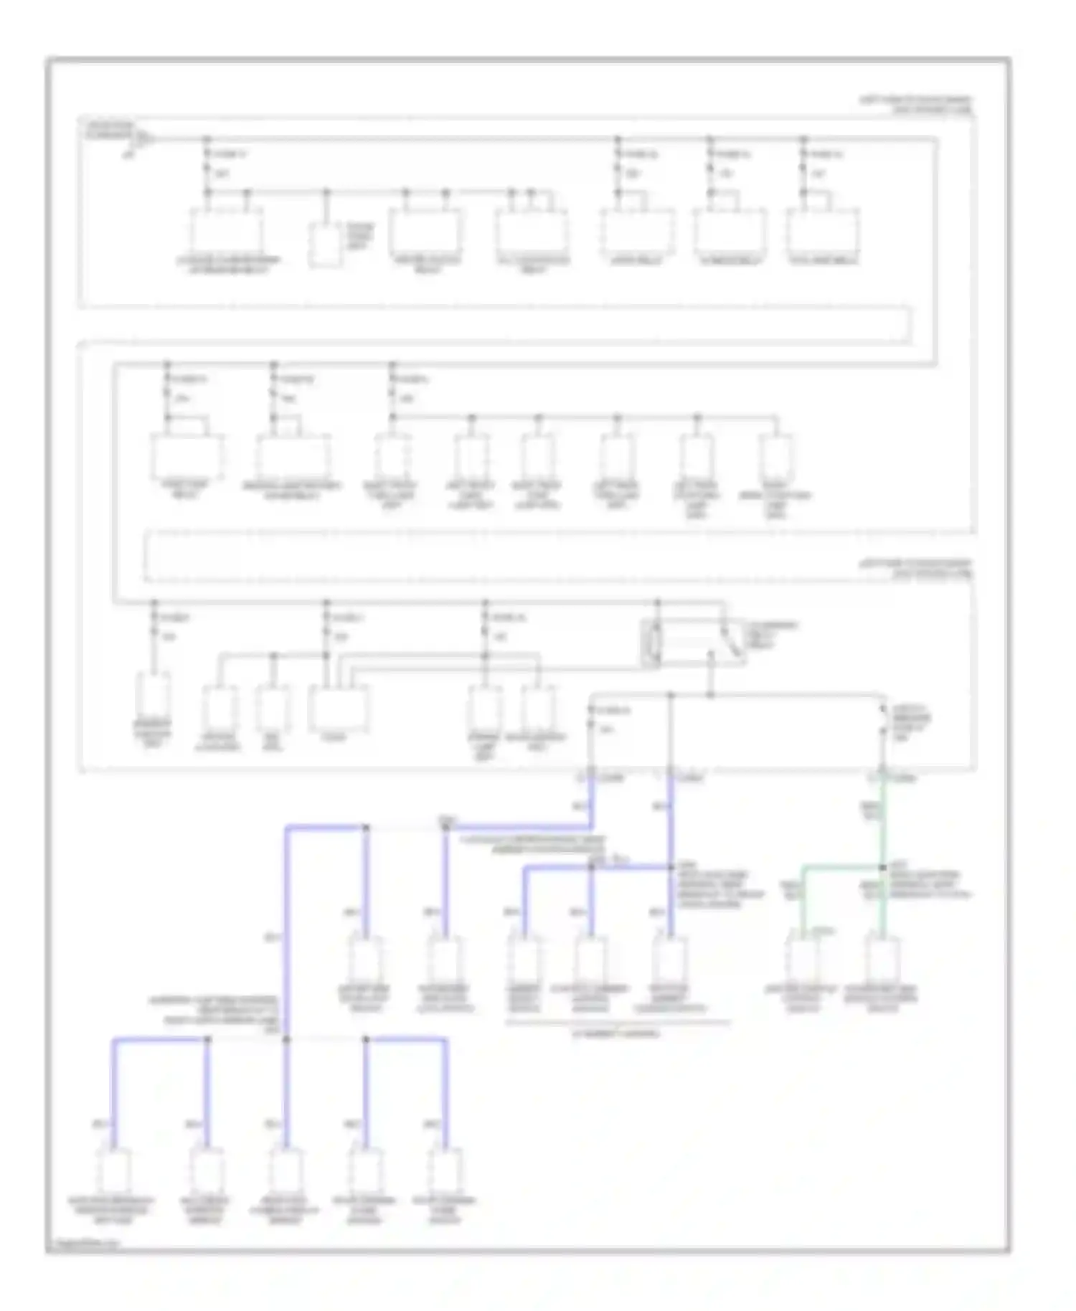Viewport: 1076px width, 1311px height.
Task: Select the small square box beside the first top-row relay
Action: [325, 245]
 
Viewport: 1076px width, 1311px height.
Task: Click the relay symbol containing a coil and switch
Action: [692, 643]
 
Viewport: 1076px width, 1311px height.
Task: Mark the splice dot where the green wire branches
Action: [883, 867]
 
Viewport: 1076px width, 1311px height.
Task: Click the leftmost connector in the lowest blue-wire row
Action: [114, 1170]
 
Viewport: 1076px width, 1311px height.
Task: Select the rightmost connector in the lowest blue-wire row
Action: [445, 1170]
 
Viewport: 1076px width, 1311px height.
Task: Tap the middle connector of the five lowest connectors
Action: [285, 1170]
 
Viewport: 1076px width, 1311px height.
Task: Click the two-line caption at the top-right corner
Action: [916, 105]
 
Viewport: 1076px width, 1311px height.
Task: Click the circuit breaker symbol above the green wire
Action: [884, 720]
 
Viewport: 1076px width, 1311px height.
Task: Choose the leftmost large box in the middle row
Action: [187, 456]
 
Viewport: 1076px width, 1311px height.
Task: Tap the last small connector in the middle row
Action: [776, 456]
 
